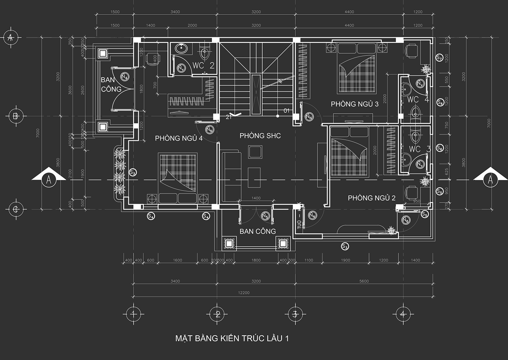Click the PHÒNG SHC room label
click(x=260, y=136)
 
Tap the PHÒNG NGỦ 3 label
click(x=355, y=104)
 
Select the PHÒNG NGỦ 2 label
click(x=372, y=198)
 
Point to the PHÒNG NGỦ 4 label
click(x=179, y=138)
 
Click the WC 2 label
click(x=203, y=66)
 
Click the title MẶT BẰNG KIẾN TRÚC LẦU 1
click(x=232, y=339)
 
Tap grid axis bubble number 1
click(x=133, y=314)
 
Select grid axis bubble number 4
click(x=402, y=314)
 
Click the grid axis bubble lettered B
click(x=16, y=116)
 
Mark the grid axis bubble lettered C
click(x=16, y=209)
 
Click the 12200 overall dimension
click(x=244, y=293)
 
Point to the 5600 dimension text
click(x=364, y=281)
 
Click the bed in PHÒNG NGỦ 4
click(x=178, y=178)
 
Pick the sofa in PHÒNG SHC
click(x=231, y=177)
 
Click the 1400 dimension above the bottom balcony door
click(x=256, y=199)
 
